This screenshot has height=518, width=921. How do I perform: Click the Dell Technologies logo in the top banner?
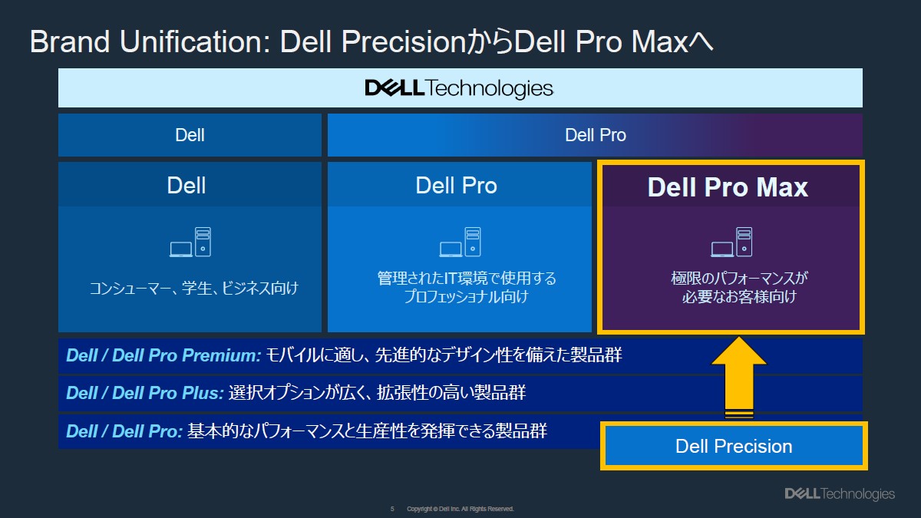click(x=459, y=88)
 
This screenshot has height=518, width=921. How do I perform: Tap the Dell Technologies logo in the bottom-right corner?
click(x=839, y=493)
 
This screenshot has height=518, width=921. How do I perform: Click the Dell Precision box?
click(x=734, y=446)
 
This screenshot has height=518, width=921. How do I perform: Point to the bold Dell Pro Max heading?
click(x=728, y=188)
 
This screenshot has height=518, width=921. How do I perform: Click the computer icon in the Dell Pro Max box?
click(x=731, y=243)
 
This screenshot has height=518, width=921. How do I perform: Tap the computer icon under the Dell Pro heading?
click(x=460, y=243)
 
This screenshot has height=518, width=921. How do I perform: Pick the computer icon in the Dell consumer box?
click(x=190, y=243)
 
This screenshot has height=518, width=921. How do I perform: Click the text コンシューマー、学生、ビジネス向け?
click(x=193, y=289)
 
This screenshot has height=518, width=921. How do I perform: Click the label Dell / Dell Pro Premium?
click(x=164, y=356)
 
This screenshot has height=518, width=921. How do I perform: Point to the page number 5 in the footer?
click(x=392, y=509)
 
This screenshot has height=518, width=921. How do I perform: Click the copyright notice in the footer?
click(x=460, y=509)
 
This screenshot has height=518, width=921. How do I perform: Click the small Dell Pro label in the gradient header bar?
click(x=596, y=136)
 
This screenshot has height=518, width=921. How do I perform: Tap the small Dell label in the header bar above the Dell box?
click(x=190, y=136)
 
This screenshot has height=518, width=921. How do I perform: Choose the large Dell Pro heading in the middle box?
click(x=456, y=186)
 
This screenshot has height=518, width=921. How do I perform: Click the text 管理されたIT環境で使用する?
click(x=467, y=278)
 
